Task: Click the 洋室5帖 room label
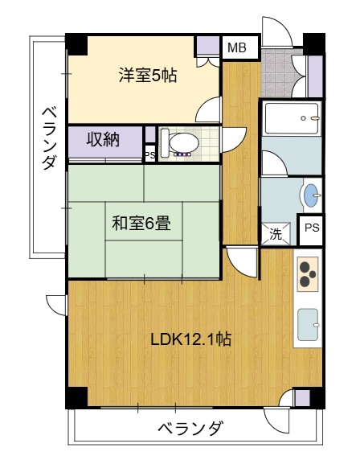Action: (x=148, y=76)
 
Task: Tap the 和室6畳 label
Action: (x=141, y=223)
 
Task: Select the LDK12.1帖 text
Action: (x=191, y=339)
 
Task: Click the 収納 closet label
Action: (x=104, y=140)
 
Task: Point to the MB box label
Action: (x=237, y=48)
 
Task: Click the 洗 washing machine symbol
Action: (x=276, y=235)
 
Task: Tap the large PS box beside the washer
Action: (x=312, y=228)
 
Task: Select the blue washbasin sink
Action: (x=309, y=195)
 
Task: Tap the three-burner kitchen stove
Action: (x=306, y=274)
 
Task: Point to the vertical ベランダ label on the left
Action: (x=47, y=137)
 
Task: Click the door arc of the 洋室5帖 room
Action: (x=208, y=109)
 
